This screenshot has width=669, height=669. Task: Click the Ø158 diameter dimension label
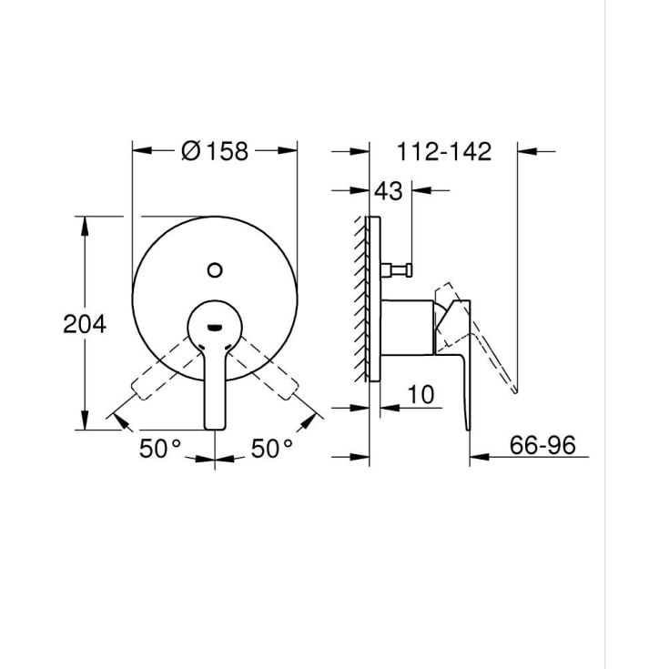point(215,151)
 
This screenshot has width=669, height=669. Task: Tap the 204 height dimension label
point(85,324)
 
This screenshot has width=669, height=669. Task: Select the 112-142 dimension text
point(444,151)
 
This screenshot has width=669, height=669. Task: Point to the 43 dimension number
point(389,191)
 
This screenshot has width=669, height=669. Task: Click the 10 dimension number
point(421,395)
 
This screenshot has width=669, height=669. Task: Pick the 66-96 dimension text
point(542,445)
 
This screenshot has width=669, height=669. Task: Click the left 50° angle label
point(160,449)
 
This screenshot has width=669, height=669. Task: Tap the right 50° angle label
point(272,449)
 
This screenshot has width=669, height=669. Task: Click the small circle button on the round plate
point(215,270)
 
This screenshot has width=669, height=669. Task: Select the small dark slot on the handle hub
point(215,328)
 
